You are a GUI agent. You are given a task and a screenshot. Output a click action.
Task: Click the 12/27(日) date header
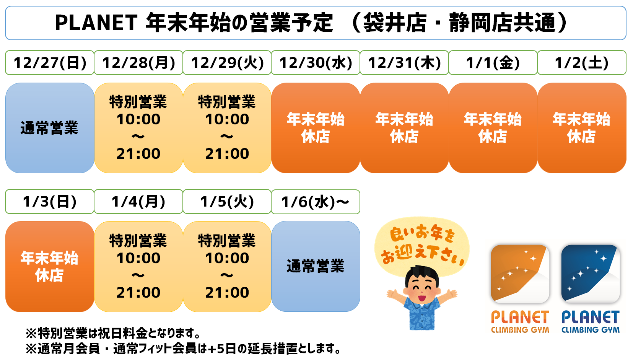(x=50, y=62)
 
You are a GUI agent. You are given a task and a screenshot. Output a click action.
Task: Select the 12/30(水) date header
(x=316, y=62)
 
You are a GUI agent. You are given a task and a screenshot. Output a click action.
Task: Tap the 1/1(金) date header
(x=493, y=62)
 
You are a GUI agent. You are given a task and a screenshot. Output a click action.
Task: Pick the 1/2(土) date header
(x=582, y=62)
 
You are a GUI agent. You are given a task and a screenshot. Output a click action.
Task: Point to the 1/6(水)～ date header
(x=316, y=202)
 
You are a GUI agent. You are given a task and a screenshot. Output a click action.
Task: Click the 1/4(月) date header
(x=138, y=202)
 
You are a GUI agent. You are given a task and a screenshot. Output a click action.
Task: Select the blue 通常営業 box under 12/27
(x=50, y=128)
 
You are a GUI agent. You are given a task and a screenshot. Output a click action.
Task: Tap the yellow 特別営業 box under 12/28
(x=138, y=128)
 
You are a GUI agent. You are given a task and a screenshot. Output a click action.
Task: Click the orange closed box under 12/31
(x=404, y=128)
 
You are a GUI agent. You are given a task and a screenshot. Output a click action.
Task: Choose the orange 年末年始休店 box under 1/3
(x=50, y=267)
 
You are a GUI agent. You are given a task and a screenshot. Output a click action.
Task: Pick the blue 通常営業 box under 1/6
(x=316, y=267)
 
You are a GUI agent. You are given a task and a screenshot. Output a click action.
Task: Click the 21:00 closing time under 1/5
(x=227, y=292)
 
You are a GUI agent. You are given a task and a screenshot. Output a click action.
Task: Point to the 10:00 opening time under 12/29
(x=227, y=119)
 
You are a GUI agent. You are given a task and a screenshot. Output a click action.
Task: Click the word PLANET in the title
(x=96, y=23)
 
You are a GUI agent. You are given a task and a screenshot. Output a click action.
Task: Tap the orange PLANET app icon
(x=520, y=274)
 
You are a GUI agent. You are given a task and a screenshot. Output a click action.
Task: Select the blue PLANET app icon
(x=590, y=274)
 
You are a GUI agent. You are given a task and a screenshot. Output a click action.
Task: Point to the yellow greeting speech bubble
(x=422, y=246)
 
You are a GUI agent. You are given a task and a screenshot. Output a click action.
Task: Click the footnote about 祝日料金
(x=113, y=334)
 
